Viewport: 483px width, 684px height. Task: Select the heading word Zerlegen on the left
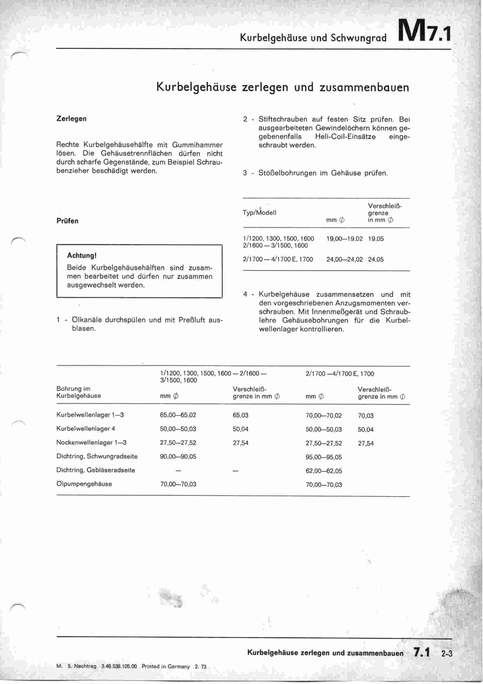click(71, 118)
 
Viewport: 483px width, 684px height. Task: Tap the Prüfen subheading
click(67, 221)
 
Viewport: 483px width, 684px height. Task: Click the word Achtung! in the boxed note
click(81, 255)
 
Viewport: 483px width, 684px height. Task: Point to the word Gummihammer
click(197, 145)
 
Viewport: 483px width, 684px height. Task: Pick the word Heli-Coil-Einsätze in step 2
click(345, 137)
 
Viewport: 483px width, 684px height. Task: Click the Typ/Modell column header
click(260, 213)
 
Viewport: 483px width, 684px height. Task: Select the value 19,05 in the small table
click(376, 239)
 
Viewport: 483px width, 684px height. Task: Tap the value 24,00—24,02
click(344, 259)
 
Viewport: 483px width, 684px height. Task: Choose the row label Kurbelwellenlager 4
click(86, 429)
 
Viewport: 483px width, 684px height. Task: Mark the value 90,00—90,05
click(178, 456)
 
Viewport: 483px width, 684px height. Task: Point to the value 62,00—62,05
click(324, 471)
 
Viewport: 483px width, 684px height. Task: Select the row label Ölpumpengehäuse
click(84, 484)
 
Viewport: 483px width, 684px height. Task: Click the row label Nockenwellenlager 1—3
click(91, 443)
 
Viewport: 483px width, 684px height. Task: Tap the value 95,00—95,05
click(324, 457)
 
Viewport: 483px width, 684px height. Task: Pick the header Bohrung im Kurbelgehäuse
click(78, 392)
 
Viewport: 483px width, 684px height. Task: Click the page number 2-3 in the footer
click(447, 654)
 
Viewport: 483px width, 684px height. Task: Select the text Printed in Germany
click(165, 667)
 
